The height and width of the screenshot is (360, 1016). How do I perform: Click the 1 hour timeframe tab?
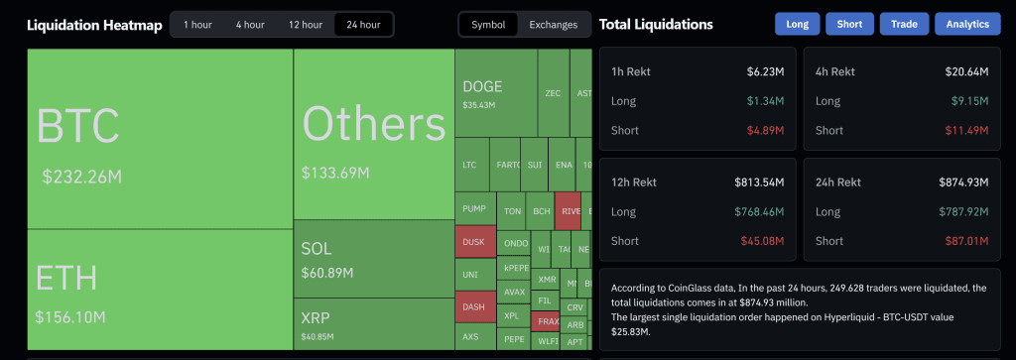click(196, 24)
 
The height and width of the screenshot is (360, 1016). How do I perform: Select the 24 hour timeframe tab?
click(363, 24)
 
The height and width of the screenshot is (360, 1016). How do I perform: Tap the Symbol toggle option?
click(487, 24)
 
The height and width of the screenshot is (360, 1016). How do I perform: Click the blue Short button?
click(849, 24)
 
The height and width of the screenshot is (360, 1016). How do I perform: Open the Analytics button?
click(967, 24)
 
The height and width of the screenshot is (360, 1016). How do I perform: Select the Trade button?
click(904, 24)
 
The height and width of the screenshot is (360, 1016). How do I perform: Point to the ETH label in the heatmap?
click(64, 278)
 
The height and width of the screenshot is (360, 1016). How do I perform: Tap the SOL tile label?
click(317, 248)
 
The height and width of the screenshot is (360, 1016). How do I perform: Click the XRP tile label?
click(317, 317)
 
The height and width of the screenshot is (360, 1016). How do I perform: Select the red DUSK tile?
click(473, 242)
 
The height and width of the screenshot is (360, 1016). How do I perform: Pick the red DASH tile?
click(473, 307)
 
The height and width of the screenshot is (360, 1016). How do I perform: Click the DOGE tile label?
click(482, 86)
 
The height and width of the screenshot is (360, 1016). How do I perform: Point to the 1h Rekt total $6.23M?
click(765, 71)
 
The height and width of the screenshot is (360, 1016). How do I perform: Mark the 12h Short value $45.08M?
click(761, 241)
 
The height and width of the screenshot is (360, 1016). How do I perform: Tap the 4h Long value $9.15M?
click(969, 101)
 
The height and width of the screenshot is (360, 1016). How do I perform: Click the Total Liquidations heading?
click(656, 24)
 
